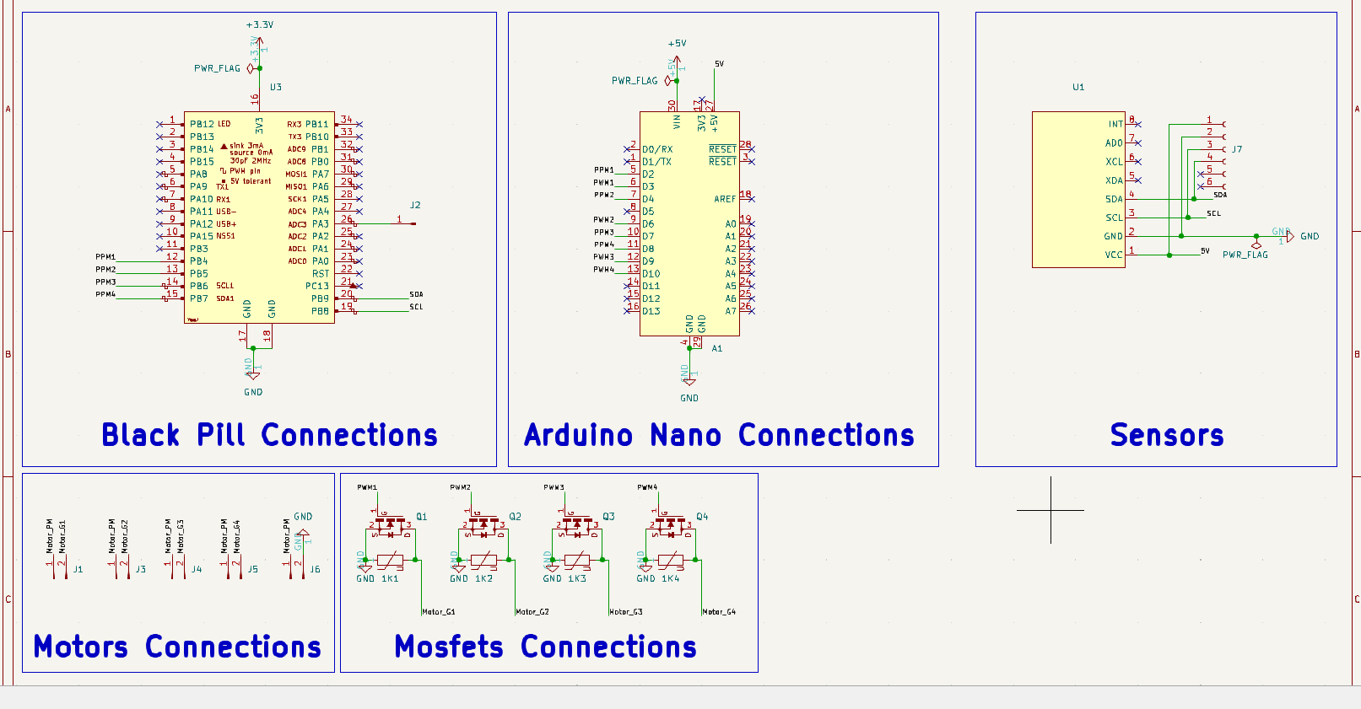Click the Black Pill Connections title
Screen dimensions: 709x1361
tap(269, 435)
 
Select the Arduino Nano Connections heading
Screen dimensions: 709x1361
tap(719, 435)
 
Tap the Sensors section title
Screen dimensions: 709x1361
tap(1166, 435)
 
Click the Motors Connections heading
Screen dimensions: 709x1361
tap(177, 647)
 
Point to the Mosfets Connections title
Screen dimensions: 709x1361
tap(545, 647)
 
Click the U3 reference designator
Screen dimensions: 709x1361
tap(276, 87)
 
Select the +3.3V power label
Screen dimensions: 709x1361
tap(260, 24)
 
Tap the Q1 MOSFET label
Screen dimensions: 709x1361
tap(421, 517)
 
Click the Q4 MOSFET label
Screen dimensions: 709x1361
tap(702, 517)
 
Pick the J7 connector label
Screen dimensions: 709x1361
tap(1237, 149)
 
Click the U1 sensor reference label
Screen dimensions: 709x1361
tap(1078, 87)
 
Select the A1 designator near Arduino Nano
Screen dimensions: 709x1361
tap(716, 348)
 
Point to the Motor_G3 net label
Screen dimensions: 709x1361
tap(626, 612)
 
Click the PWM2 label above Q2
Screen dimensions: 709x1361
tap(460, 487)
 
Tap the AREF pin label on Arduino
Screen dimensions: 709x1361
tap(725, 199)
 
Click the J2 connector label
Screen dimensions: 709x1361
tap(415, 205)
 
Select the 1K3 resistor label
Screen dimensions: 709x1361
tap(576, 578)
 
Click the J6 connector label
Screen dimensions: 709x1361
tap(315, 569)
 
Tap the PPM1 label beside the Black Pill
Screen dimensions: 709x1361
tap(105, 257)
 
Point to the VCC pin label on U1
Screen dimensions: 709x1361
tap(1114, 255)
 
